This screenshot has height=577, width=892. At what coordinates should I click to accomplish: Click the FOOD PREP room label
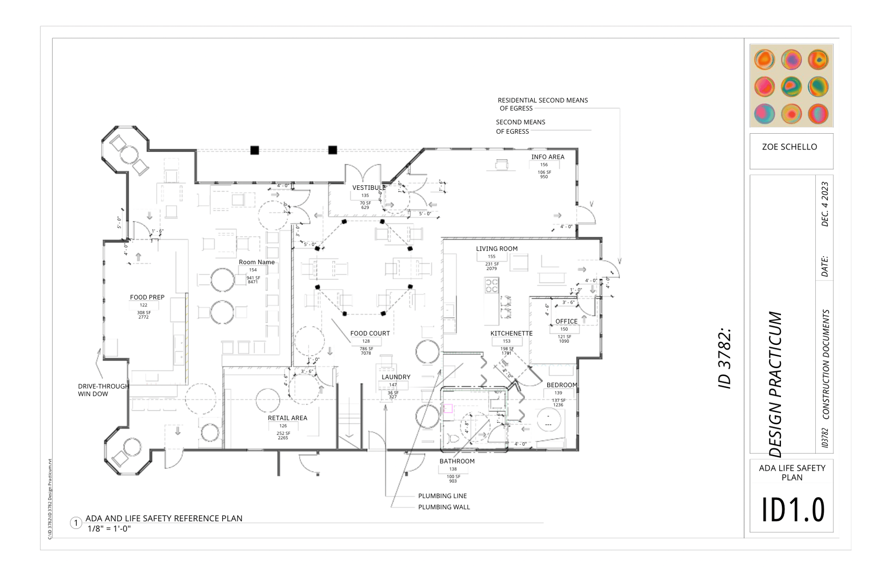coord(147,297)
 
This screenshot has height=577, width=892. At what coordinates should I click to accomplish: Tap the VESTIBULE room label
coord(368,188)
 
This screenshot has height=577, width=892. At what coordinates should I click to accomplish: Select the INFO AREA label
coord(548,157)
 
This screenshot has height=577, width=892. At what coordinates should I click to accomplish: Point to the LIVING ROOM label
coord(496,249)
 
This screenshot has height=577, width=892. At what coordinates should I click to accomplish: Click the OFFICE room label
coord(566,321)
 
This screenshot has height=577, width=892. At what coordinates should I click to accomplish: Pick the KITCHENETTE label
coord(511,333)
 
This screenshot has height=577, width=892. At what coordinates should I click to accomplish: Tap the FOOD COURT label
coord(370,333)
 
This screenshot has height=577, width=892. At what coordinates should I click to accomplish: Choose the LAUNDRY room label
coord(396,377)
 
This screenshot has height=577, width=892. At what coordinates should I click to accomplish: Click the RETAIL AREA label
coord(287,418)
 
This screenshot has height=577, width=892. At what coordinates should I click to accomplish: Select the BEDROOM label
coord(562,385)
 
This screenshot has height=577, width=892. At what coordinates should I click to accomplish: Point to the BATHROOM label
coord(457,461)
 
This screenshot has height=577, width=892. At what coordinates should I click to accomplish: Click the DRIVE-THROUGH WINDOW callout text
coord(103,390)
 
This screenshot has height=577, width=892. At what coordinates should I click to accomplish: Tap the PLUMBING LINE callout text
coord(442,496)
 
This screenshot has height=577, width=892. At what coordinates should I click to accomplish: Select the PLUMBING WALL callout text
coord(444,507)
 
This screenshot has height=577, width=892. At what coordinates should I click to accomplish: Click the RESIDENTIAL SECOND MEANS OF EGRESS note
coord(542,104)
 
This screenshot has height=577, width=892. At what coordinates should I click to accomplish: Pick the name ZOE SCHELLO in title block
coord(789,147)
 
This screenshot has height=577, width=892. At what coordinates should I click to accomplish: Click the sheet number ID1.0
coord(793,509)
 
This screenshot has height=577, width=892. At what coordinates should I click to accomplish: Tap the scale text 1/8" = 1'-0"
coord(109,529)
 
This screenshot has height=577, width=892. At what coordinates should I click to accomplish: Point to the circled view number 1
coord(76,523)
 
